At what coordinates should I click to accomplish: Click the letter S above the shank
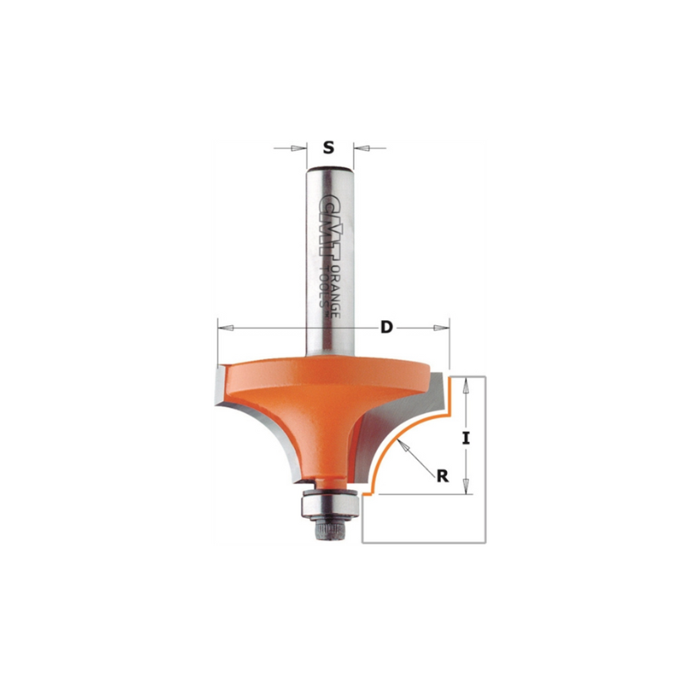pyautogui.click(x=329, y=148)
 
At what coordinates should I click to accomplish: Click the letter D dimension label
pyautogui.click(x=387, y=328)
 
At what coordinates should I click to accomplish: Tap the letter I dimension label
pyautogui.click(x=466, y=439)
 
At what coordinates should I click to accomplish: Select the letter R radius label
pyautogui.click(x=442, y=476)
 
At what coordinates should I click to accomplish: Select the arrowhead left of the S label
pyautogui.click(x=297, y=149)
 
